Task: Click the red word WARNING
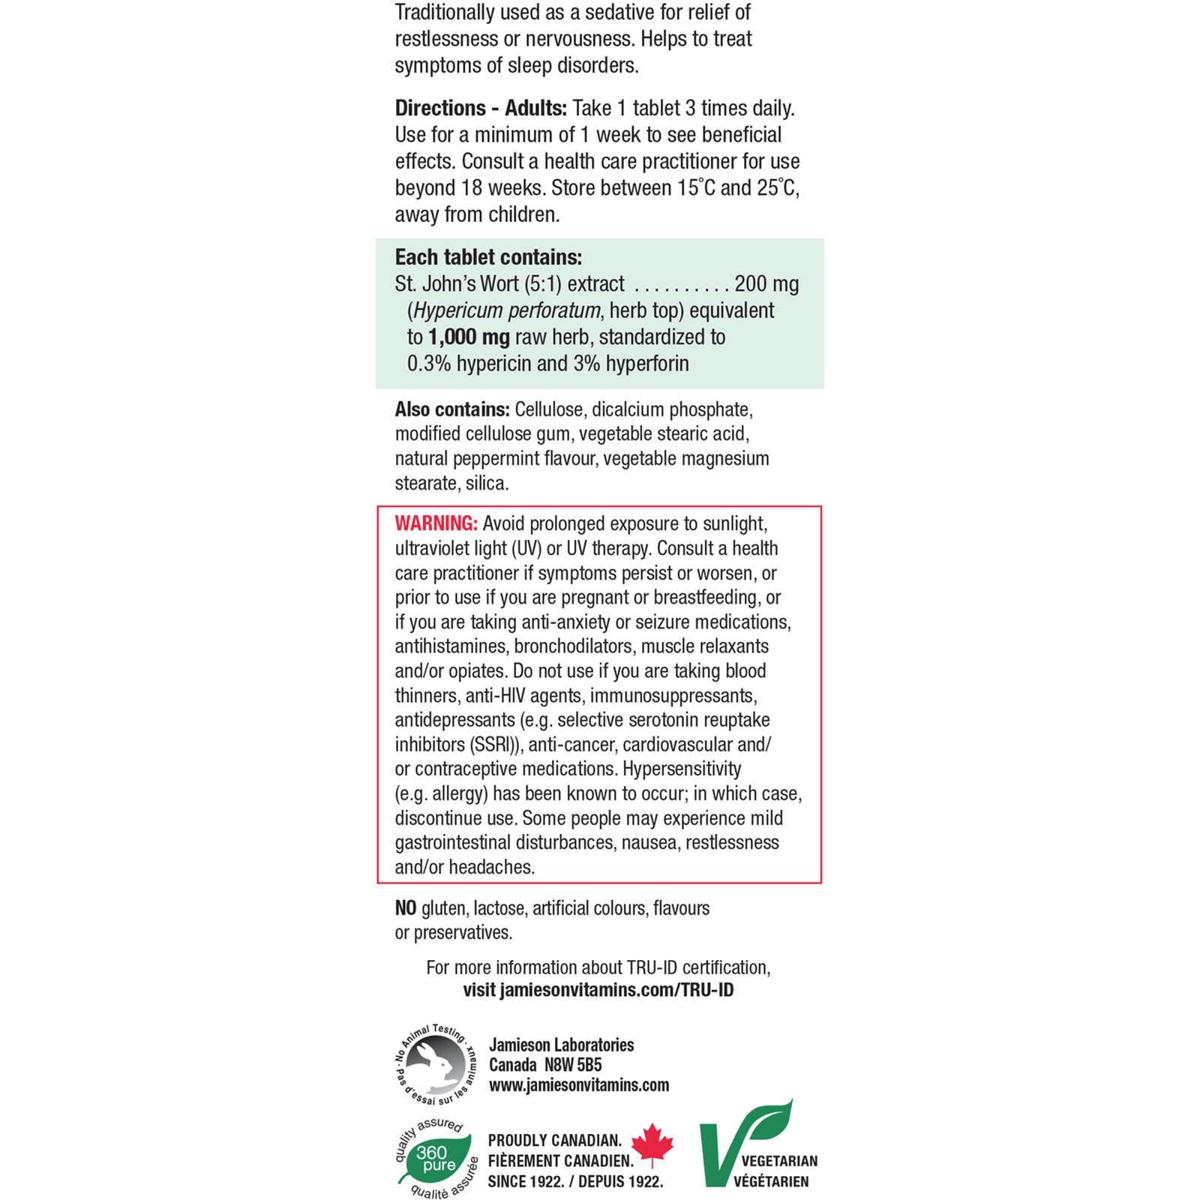coord(436,523)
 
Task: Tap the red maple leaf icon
coord(652,1144)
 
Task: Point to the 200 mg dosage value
coord(766,284)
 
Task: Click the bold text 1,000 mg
coord(469,337)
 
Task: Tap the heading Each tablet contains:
coord(488,257)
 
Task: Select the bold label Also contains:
coord(452,409)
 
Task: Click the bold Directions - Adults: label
coord(481,109)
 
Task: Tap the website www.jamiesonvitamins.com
coord(579,1085)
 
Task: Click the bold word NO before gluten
coord(406,908)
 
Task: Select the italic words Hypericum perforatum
coord(507,310)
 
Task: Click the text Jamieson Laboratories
coord(561,1045)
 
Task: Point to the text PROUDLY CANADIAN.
coord(555,1141)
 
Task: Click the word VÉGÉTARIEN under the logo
coord(771,1182)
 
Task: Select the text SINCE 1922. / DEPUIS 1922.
coord(575,1182)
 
